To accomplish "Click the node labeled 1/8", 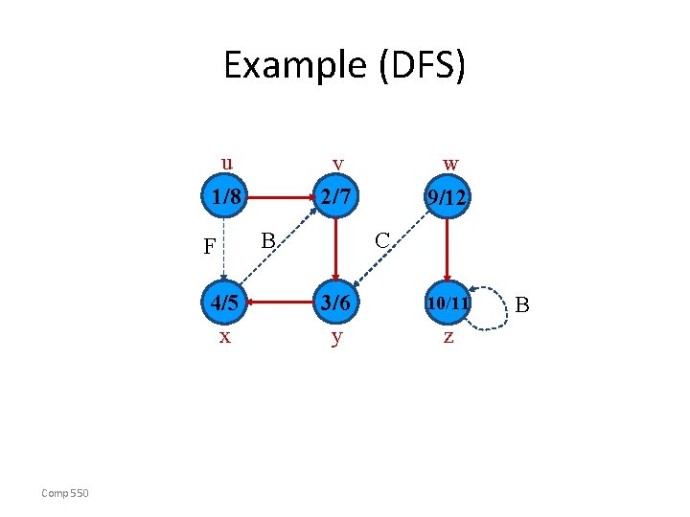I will tap(225, 198).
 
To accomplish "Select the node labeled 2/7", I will tap(336, 198).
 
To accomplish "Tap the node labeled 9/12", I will tap(448, 198).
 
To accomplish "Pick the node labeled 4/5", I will tap(225, 303).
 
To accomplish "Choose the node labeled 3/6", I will tap(336, 303).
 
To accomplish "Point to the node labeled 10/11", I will tap(448, 303).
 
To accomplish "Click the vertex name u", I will tap(226, 161).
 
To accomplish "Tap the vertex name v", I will tap(337, 164).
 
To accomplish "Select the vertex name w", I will tap(449, 164).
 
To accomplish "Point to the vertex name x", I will tap(224, 337).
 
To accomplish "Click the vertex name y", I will tap(336, 339).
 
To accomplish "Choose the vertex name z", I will tap(448, 338).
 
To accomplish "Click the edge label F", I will tap(209, 247).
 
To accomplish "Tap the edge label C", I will tap(381, 239).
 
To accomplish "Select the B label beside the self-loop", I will tap(522, 305).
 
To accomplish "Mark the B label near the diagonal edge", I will tap(269, 238).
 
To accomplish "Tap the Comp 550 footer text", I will tap(64, 493).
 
